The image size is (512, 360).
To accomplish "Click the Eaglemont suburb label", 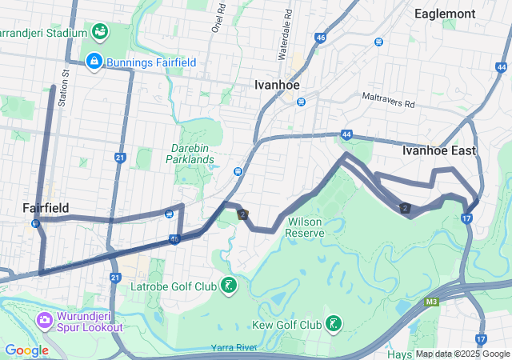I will (x=445, y=14).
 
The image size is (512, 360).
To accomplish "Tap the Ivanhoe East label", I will (x=438, y=150).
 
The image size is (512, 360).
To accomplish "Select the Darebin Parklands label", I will (x=193, y=153).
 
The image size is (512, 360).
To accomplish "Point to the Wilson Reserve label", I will (x=305, y=226).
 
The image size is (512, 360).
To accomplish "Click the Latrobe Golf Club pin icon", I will (x=229, y=286).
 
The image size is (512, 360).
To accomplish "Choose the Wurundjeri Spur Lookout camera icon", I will (x=44, y=320).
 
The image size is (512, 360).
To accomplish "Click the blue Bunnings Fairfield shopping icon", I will (x=94, y=62).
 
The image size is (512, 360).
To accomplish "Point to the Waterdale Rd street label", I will (x=282, y=40).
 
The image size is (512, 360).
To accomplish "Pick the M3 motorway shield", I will (x=432, y=302).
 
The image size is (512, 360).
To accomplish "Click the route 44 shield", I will (x=346, y=135).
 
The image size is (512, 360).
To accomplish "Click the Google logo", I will (x=26, y=350).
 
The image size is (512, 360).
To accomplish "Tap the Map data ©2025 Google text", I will (x=462, y=354).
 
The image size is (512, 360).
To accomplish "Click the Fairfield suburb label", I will (x=46, y=207).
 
